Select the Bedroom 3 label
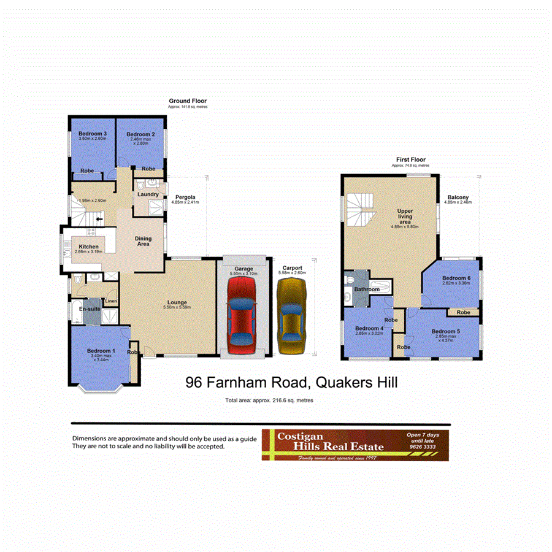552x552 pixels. coord(93,134)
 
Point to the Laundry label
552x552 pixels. coord(148,194)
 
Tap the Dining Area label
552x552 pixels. coord(143,241)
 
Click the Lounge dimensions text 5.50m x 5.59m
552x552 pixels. coord(180,307)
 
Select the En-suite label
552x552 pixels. coord(90,310)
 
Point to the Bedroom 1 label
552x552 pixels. coord(98,350)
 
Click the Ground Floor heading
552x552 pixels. coord(188,101)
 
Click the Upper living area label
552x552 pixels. coord(404,217)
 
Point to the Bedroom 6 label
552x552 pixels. coord(456,278)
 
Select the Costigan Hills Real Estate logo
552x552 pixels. coord(355,445)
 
